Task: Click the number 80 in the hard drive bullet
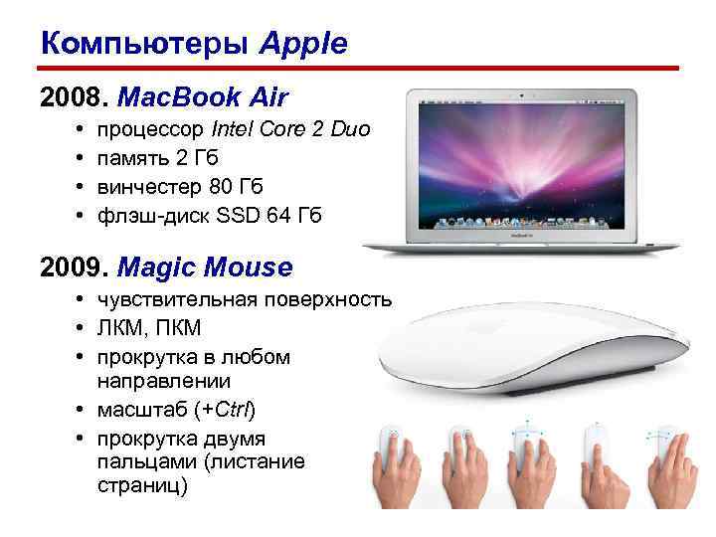coord(224,186)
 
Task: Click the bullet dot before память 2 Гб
coord(78,158)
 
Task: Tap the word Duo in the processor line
coord(350,129)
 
